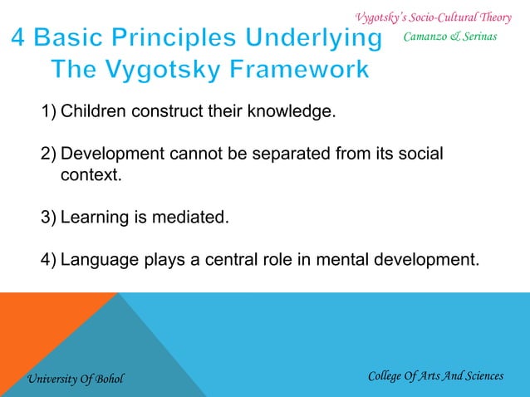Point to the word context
point(91,175)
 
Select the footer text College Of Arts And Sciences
point(435,376)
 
